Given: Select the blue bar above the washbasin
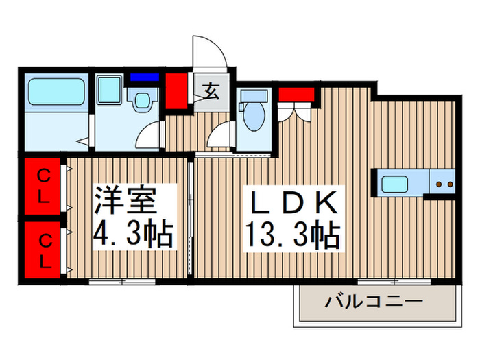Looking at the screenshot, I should tap(144, 77).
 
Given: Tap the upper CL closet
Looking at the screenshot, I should tap(43, 187).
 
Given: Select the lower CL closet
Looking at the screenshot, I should tap(43, 251).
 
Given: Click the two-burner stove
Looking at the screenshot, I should tap(444, 184).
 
